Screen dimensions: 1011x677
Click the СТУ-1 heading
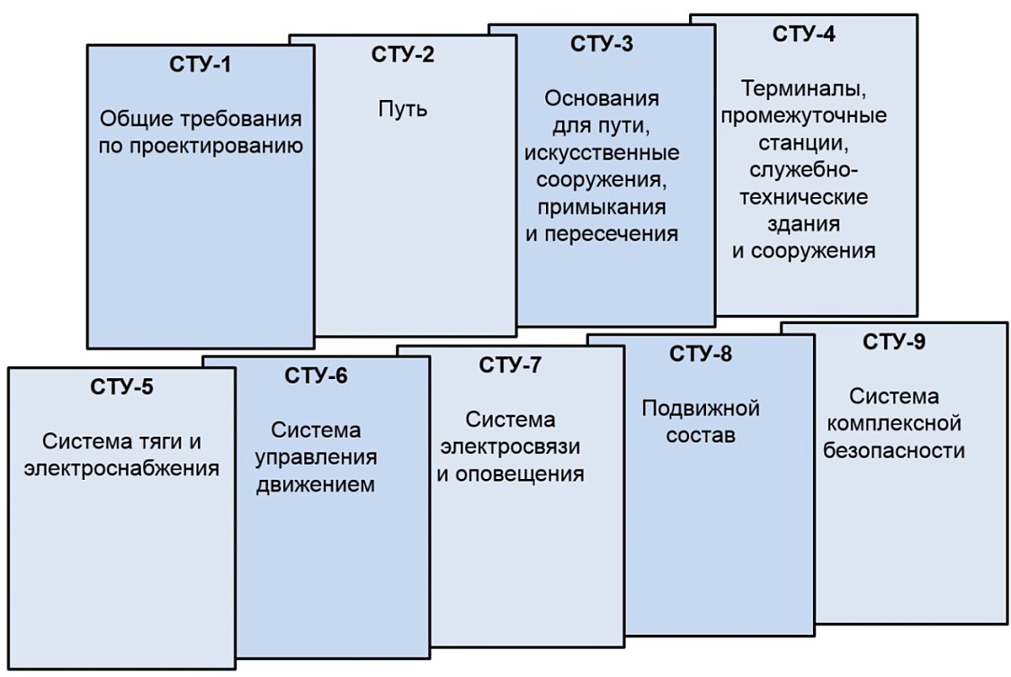click(200, 65)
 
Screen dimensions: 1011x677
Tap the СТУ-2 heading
click(403, 54)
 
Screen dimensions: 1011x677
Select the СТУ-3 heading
click(602, 44)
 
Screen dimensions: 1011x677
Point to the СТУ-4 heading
click(803, 33)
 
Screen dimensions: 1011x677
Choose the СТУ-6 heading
click(316, 375)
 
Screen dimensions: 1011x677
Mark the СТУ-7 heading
click(510, 366)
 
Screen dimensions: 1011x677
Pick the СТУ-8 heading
click(701, 354)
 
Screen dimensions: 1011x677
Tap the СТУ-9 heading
click(894, 341)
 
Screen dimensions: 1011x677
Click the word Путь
click(403, 108)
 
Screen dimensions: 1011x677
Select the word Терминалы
click(803, 89)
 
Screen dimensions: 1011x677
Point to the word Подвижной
click(701, 409)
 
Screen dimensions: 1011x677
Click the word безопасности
click(894, 450)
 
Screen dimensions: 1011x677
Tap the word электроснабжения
click(121, 468)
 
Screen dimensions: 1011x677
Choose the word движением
click(316, 484)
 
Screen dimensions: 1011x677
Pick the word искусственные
click(602, 153)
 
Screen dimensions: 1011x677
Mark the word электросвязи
click(510, 447)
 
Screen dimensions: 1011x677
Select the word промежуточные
click(803, 116)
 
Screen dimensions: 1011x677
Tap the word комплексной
click(894, 423)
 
